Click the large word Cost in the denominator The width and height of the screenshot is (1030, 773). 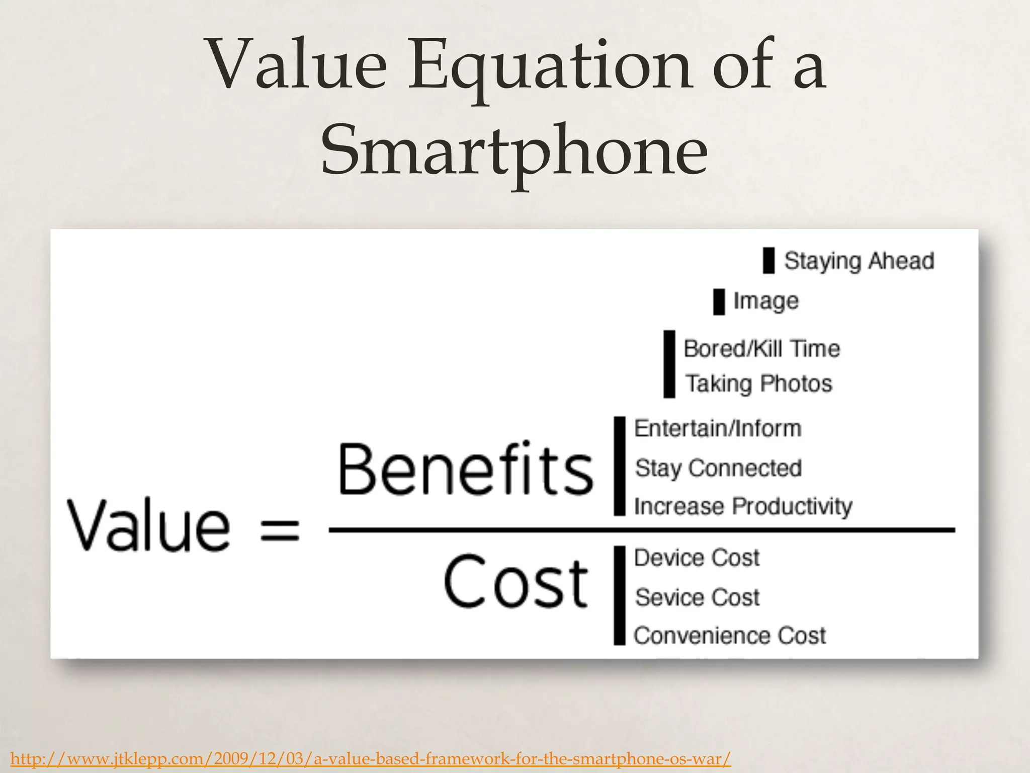(x=516, y=582)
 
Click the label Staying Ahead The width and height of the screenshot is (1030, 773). (x=859, y=261)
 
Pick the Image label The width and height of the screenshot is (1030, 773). (x=765, y=301)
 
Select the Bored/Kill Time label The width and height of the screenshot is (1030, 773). (x=761, y=349)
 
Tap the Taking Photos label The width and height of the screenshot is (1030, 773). (x=759, y=383)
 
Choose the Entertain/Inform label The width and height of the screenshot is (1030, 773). (x=718, y=429)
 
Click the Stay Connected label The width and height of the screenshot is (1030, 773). (x=718, y=468)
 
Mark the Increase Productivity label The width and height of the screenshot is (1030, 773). (x=743, y=506)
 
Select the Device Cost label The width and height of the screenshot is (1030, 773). (x=697, y=558)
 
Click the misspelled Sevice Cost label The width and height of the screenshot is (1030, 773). (x=697, y=597)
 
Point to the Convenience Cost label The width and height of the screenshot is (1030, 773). (x=729, y=636)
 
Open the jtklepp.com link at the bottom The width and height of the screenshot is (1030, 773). (x=371, y=758)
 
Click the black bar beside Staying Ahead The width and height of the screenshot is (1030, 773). (x=768, y=261)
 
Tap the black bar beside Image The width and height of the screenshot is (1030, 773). (x=719, y=302)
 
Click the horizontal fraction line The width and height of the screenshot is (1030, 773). (x=641, y=530)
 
